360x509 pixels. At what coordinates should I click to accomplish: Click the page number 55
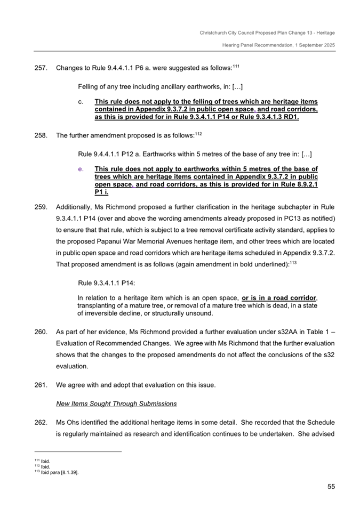click(331, 486)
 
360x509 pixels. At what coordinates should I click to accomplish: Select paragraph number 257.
click(41, 68)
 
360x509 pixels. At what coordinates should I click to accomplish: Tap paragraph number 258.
click(41, 135)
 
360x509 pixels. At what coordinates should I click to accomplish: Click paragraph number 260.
click(41, 331)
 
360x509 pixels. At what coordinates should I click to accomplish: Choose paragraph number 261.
click(41, 385)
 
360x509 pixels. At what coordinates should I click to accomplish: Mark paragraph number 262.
click(41, 422)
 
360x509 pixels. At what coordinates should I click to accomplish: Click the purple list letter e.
click(81, 169)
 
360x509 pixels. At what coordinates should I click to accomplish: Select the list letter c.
click(81, 102)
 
